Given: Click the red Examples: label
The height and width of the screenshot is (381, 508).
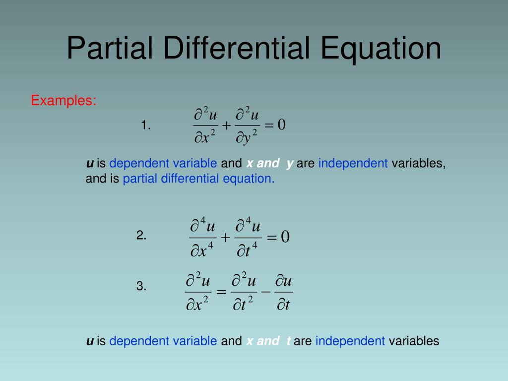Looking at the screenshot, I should pyautogui.click(x=63, y=100).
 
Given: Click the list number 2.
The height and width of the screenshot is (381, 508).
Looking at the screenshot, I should pyautogui.click(x=141, y=236).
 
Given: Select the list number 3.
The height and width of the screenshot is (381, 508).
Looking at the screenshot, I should pyautogui.click(x=141, y=286).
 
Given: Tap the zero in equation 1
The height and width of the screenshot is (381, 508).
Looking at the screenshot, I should pyautogui.click(x=281, y=125).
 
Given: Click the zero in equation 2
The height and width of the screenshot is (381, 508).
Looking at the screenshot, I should pyautogui.click(x=285, y=237).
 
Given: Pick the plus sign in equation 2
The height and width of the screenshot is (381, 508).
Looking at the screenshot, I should pyautogui.click(x=225, y=238).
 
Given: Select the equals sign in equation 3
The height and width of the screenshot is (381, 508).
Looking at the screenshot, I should pyautogui.click(x=221, y=292).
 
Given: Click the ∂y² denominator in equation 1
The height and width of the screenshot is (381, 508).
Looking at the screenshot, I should pyautogui.click(x=247, y=137).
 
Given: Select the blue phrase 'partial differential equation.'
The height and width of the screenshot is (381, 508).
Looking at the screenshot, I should pyautogui.click(x=198, y=179).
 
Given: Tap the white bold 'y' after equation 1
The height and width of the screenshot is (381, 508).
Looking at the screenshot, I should pyautogui.click(x=290, y=163).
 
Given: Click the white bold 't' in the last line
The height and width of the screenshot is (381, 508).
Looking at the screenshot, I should pyautogui.click(x=288, y=341).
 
